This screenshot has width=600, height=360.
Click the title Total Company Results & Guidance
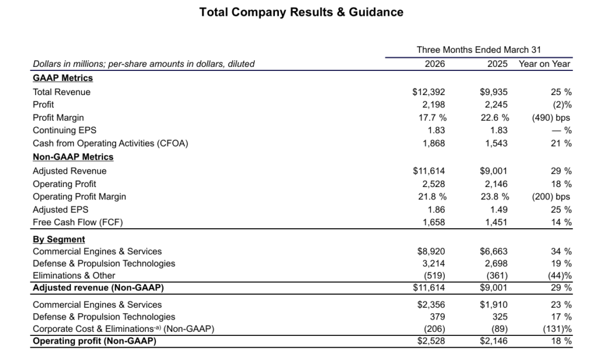coord(301,12)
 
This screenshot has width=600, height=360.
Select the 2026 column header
coord(434,64)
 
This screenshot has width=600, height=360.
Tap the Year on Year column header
coord(544,64)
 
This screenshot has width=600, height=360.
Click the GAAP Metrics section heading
coord(63,78)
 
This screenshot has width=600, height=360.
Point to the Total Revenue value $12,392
coord(429,92)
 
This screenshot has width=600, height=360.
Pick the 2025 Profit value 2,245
coord(496,105)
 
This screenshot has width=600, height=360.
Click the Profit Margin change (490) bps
coord(551,118)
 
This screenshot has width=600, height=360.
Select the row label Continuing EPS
coord(64,131)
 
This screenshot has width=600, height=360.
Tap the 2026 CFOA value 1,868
coord(434,144)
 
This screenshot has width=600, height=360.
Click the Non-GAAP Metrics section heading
coord(73,157)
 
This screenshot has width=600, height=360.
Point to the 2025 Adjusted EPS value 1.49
coord(498,210)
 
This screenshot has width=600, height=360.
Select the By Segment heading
coord(59,239)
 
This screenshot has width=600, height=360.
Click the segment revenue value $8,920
coord(431,252)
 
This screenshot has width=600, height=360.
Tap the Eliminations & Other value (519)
coord(434,276)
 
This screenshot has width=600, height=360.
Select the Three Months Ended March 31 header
coord(478,50)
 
